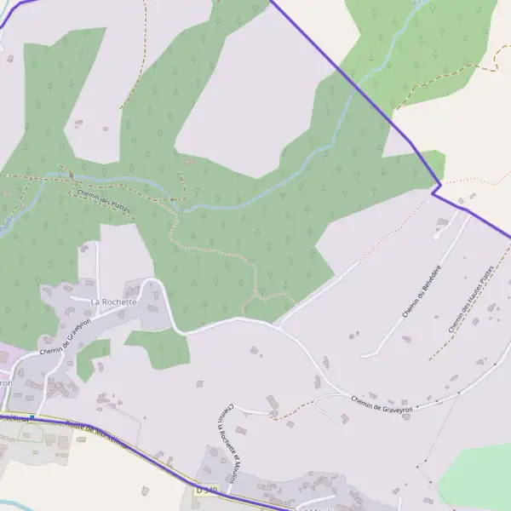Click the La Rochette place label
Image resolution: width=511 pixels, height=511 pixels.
pos(113,301)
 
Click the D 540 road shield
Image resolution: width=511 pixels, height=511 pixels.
pos(206,490)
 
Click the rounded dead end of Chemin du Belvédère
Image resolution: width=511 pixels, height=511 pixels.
pos(364,354)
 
